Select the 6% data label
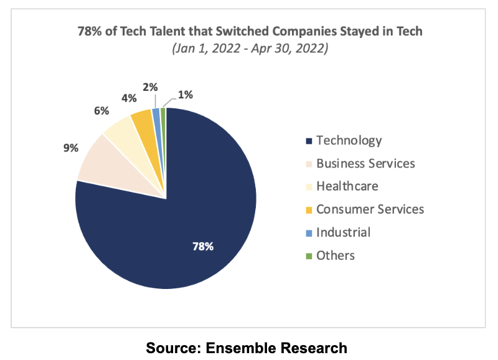pos(101,111)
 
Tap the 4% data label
pos(129,98)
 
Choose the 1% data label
pos(185,95)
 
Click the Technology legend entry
pos(349,140)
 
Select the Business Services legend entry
pos(365,163)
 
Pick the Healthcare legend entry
pos(347,186)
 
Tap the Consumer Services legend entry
pos(370,209)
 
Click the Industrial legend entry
pos(343,232)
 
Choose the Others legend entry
pos(335,255)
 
